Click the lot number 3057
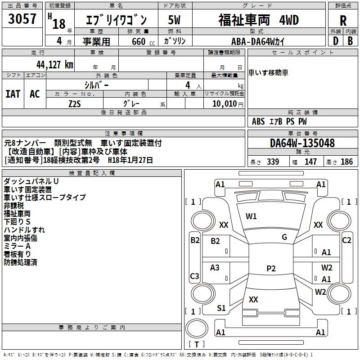pos(22,18)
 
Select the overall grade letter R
pos(343,21)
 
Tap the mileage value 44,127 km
pos(54,65)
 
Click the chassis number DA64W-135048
pos(302,143)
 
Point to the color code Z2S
pos(75,104)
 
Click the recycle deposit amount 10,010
pos(225,103)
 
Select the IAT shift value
pos(13,94)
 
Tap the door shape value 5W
pos(174,20)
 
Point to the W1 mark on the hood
pos(251,216)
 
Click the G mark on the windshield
pos(284,237)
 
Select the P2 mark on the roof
pos(271,268)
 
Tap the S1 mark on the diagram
pos(221,308)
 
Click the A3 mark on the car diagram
pos(215,267)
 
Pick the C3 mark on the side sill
pos(194,276)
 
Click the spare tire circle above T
pos(197,328)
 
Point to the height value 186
pos(346,162)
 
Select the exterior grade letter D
pos(336,41)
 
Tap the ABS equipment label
pos(258,121)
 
